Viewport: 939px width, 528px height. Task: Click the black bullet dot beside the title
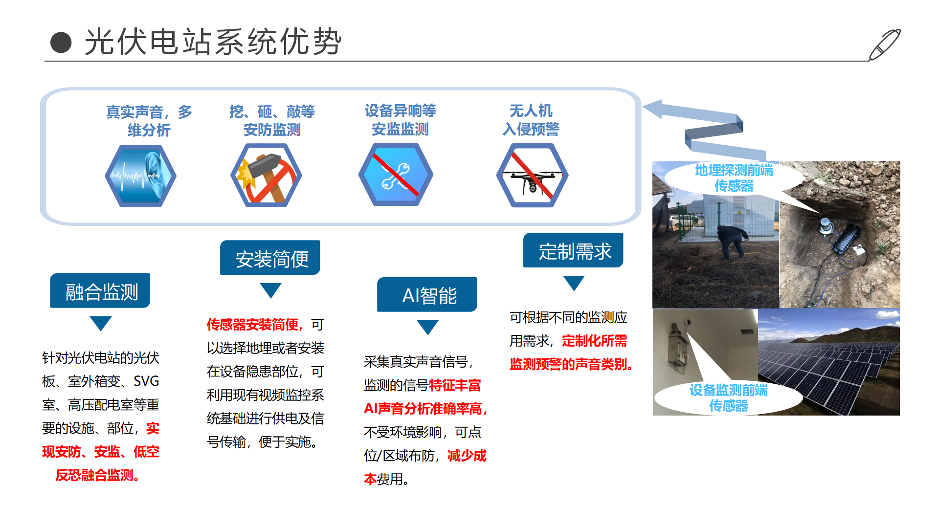[61, 43]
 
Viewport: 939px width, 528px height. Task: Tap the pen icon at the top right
[885, 44]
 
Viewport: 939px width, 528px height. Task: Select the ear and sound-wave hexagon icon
[140, 176]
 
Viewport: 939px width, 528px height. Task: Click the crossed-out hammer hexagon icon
[266, 175]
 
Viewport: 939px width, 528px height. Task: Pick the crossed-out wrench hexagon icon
[396, 175]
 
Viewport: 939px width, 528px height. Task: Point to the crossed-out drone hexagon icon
[532, 175]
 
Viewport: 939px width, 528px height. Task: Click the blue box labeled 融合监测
[100, 291]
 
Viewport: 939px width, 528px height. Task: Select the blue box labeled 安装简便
[270, 258]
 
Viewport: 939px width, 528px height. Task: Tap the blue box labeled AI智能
[427, 295]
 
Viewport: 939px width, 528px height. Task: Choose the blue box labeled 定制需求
[573, 250]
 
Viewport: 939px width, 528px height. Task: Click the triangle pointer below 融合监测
[101, 323]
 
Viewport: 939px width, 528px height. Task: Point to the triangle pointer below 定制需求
[574, 283]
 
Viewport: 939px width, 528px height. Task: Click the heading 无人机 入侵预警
[531, 120]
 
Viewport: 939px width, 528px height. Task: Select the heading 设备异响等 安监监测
[400, 120]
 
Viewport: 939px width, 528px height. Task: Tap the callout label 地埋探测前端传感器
[734, 178]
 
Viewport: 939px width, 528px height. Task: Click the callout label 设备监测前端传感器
[728, 397]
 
